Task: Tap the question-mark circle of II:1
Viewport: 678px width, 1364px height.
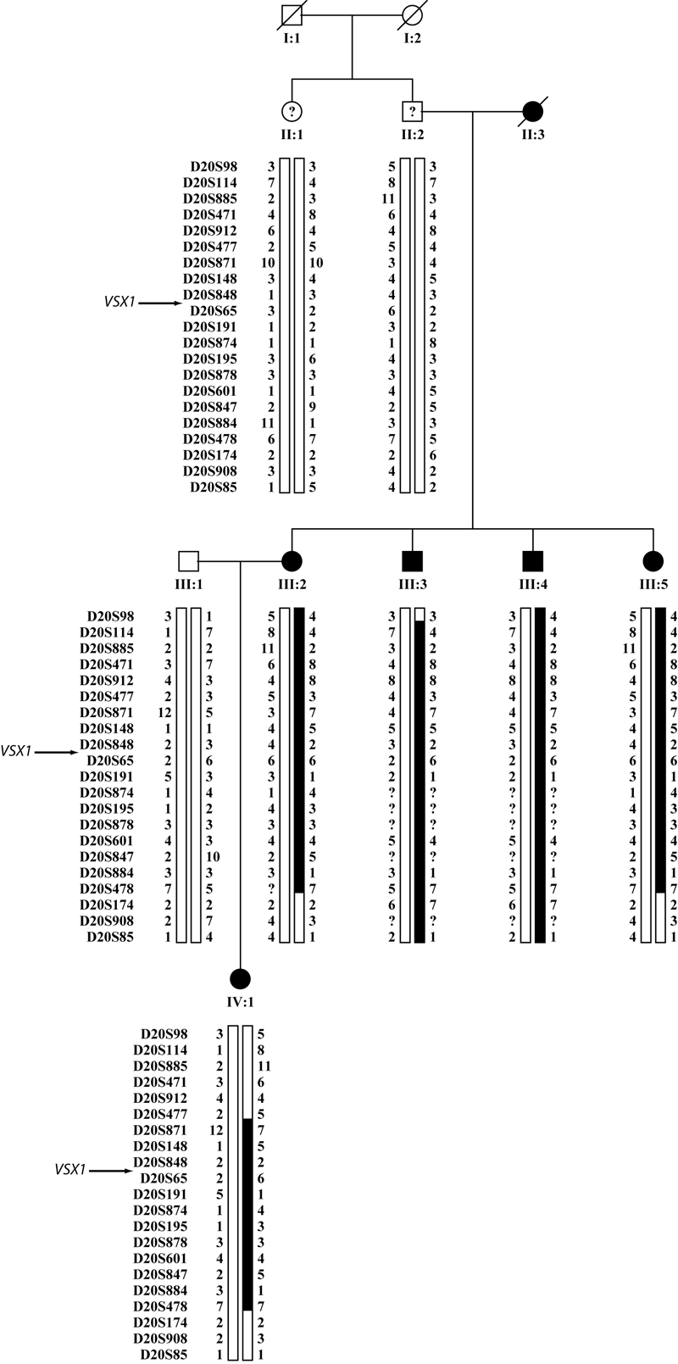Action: pyautogui.click(x=292, y=111)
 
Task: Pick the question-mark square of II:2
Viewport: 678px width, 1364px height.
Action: pyautogui.click(x=412, y=111)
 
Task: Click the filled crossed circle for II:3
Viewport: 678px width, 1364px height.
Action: pyautogui.click(x=532, y=111)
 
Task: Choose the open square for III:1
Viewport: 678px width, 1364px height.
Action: pyautogui.click(x=188, y=561)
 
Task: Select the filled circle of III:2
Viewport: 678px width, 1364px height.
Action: pyautogui.click(x=292, y=561)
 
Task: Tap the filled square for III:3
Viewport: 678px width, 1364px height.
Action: pyautogui.click(x=412, y=561)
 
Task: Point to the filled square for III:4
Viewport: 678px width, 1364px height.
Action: pyautogui.click(x=532, y=561)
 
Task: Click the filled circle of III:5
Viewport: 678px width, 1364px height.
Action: pyautogui.click(x=653, y=561)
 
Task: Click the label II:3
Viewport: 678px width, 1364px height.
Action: pyautogui.click(x=532, y=134)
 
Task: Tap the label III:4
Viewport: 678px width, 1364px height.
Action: pyautogui.click(x=532, y=586)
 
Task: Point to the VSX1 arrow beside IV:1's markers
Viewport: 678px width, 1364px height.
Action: pyautogui.click(x=110, y=1172)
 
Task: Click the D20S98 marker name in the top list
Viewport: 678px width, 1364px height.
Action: pyautogui.click(x=214, y=168)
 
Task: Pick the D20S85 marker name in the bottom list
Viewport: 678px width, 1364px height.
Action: pyautogui.click(x=165, y=1355)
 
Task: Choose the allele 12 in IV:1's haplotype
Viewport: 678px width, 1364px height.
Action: pyautogui.click(x=216, y=1130)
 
